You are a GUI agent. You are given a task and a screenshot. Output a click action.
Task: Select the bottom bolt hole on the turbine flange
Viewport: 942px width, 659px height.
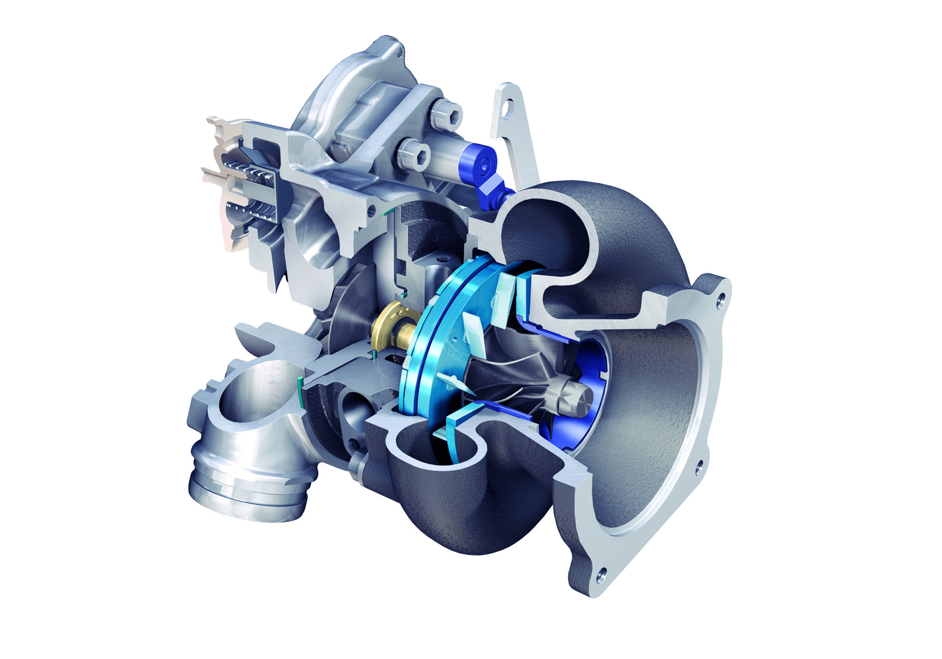click(602, 572)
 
